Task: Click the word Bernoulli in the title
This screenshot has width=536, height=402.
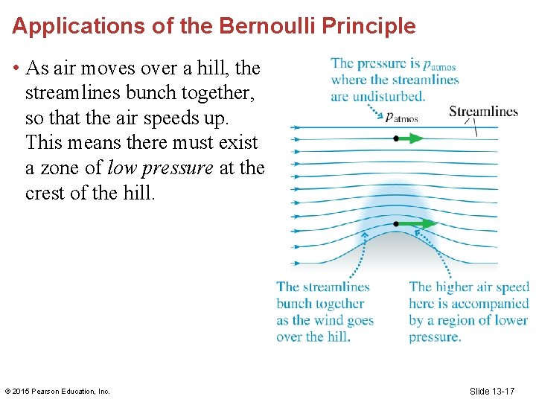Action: pyautogui.click(x=253, y=26)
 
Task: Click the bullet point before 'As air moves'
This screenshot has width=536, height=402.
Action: pyautogui.click(x=16, y=68)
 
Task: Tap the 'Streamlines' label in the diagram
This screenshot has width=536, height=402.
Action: pyautogui.click(x=483, y=112)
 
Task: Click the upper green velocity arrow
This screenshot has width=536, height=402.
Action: pyautogui.click(x=410, y=138)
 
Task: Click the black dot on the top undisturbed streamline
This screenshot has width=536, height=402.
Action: pyautogui.click(x=396, y=138)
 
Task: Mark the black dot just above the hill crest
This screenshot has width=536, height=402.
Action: pyautogui.click(x=396, y=223)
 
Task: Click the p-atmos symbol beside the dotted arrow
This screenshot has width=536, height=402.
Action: pyautogui.click(x=401, y=117)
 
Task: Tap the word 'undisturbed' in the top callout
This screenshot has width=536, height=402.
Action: pyautogui.click(x=389, y=96)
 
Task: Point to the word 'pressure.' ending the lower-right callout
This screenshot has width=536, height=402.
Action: pyautogui.click(x=435, y=336)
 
